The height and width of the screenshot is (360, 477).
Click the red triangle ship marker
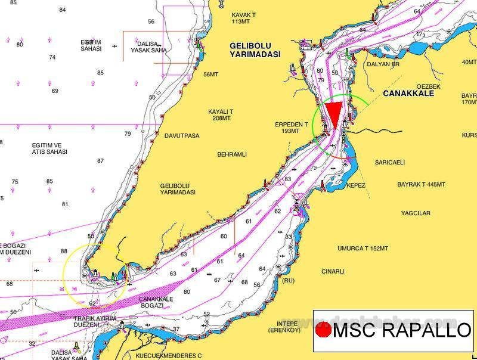(334, 113)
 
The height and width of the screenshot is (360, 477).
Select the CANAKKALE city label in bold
(411, 94)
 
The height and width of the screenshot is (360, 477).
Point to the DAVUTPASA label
(181, 136)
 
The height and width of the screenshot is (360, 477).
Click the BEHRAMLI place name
(232, 154)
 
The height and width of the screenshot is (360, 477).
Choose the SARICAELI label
(389, 162)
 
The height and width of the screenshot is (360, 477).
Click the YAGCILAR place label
(416, 213)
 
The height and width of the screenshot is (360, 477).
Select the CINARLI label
(333, 271)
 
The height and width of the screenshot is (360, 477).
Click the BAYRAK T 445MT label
(421, 185)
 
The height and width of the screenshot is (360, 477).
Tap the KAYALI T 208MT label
(220, 115)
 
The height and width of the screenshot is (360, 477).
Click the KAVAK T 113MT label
(244, 17)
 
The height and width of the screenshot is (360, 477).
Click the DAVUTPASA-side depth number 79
(128, 134)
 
